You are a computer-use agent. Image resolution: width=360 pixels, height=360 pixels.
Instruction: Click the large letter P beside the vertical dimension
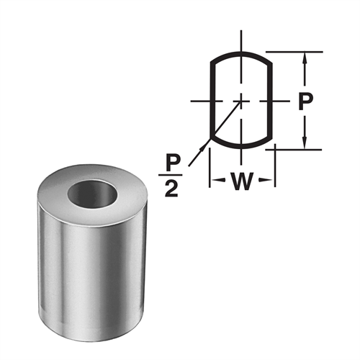[305, 101]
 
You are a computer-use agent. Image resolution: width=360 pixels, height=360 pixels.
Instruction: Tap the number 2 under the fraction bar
[171, 190]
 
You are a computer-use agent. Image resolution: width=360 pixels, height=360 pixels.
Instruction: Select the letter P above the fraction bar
[171, 161]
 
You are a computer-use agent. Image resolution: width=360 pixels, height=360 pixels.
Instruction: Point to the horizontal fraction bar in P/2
[171, 175]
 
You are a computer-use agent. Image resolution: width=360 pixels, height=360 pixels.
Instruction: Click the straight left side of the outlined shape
[210, 101]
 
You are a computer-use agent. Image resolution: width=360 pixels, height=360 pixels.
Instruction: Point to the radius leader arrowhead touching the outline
[212, 138]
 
